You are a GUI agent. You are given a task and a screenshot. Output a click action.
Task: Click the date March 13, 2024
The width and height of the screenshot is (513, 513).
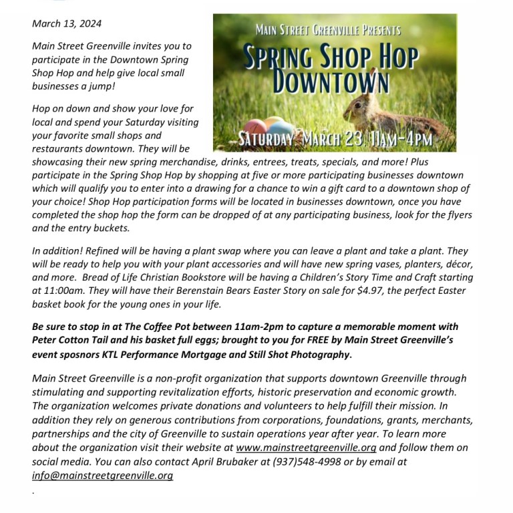[67, 24]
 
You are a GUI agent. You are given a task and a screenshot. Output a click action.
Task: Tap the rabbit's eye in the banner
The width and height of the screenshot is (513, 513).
[379, 106]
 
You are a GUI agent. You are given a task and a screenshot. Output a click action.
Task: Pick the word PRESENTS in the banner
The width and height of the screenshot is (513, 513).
[371, 31]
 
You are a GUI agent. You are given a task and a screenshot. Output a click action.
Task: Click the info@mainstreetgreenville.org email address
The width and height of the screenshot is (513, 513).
[102, 476]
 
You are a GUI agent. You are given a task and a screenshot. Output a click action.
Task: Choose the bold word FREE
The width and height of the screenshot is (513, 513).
[297, 340]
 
